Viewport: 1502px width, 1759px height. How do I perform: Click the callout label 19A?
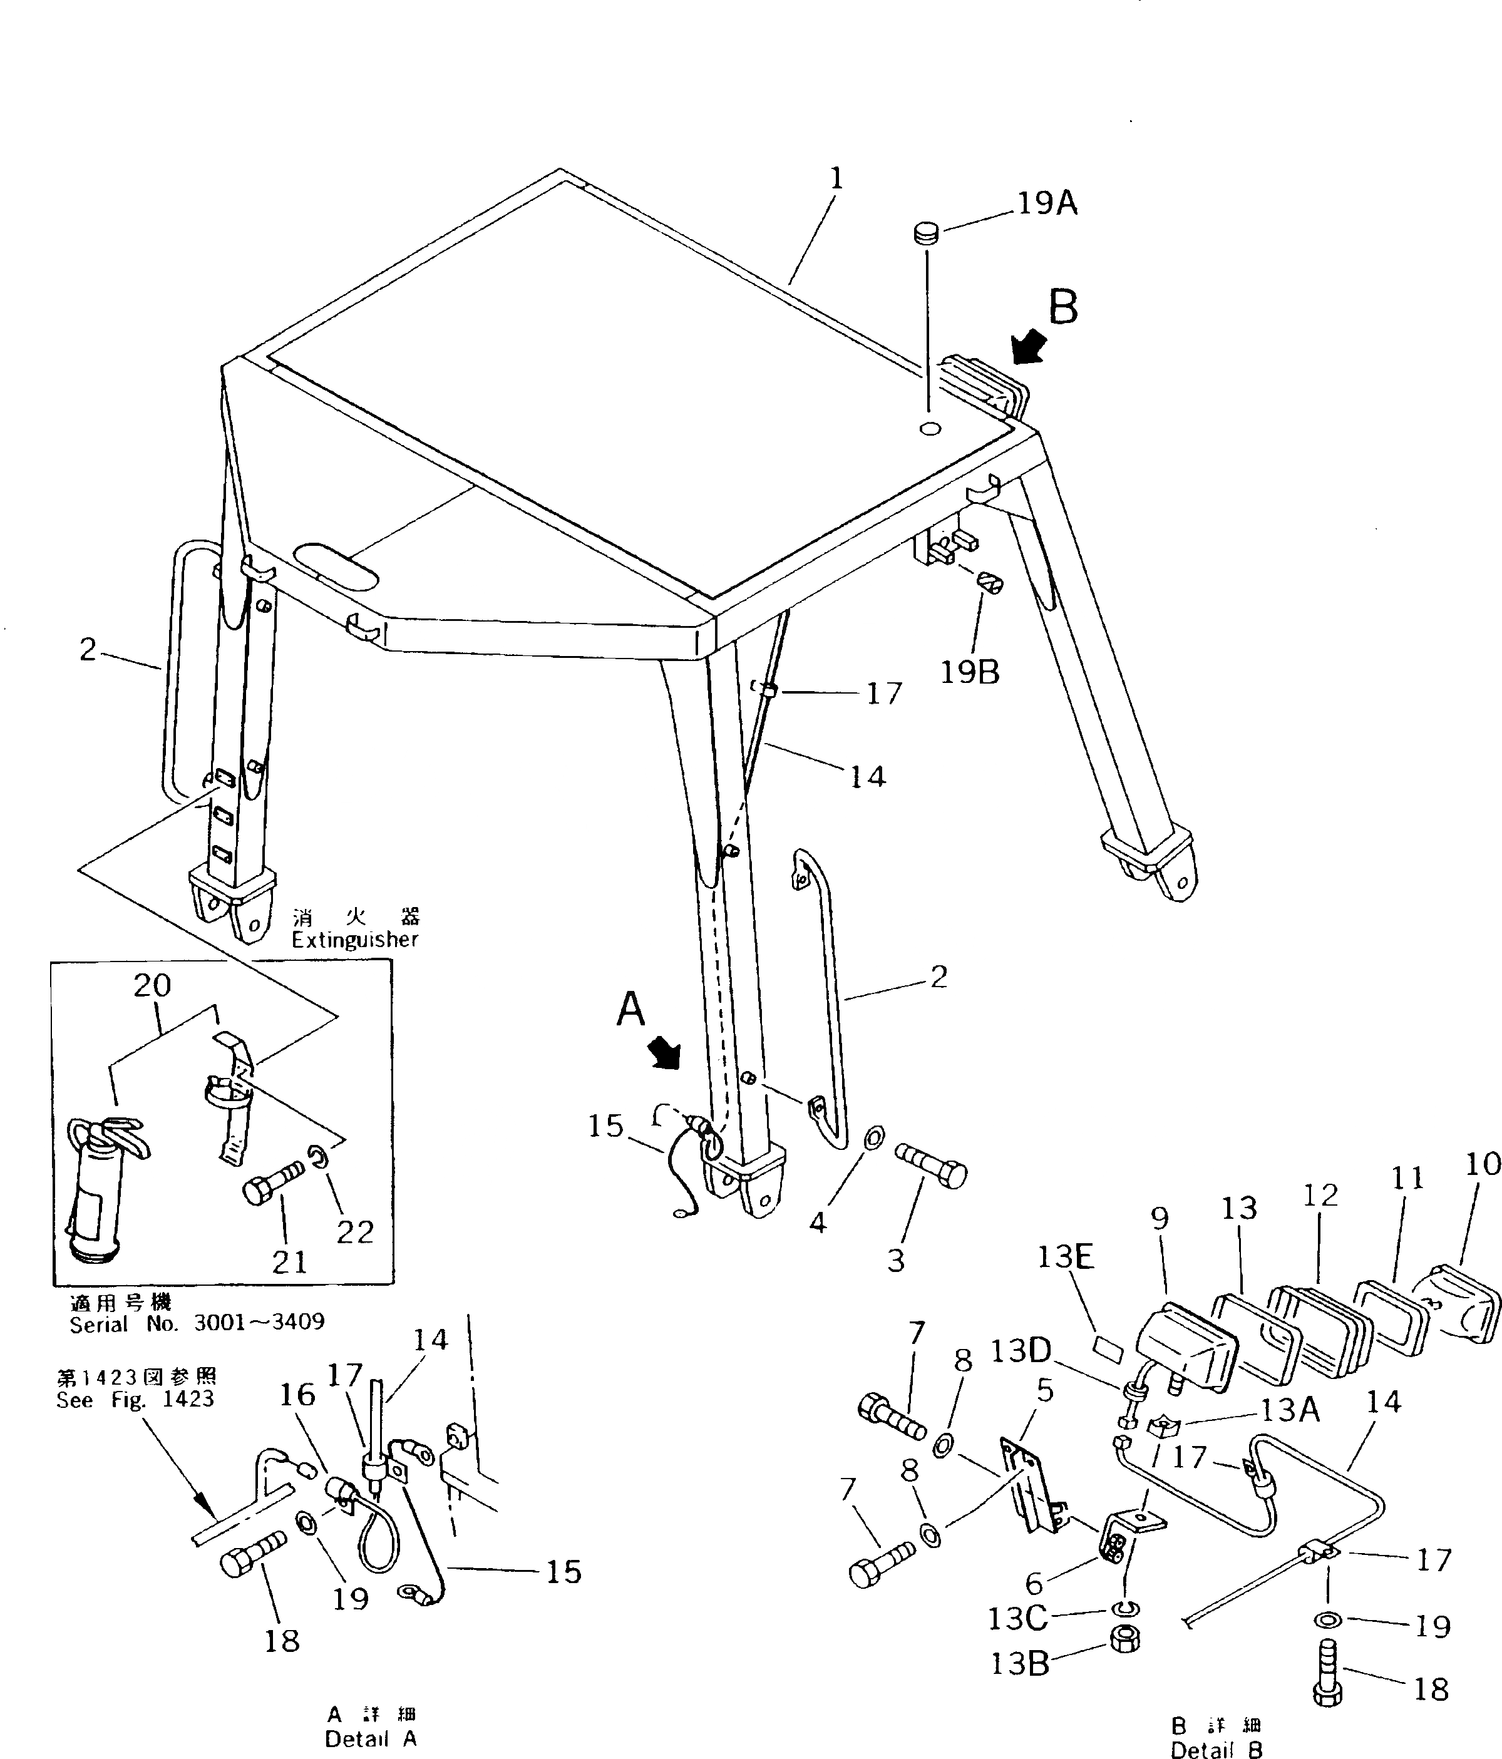(x=1046, y=203)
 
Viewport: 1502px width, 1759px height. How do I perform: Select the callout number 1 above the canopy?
(x=836, y=178)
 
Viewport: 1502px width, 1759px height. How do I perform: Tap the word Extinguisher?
(x=355, y=940)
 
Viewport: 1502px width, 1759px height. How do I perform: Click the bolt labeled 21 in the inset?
(x=272, y=1182)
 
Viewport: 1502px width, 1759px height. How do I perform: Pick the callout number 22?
(x=354, y=1232)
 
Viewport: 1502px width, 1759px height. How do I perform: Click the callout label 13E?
(x=1066, y=1257)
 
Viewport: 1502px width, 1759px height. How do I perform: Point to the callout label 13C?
(x=1019, y=1619)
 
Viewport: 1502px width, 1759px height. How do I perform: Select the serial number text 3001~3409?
(x=259, y=1323)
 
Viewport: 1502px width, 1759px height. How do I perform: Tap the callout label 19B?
(x=970, y=672)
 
